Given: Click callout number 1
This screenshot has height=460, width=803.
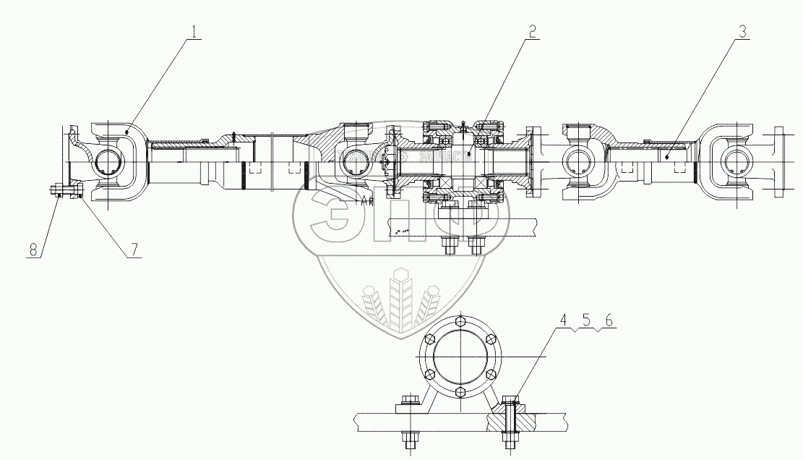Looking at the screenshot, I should pos(193,32).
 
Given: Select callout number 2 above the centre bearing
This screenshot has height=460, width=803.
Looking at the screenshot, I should pos(531,32).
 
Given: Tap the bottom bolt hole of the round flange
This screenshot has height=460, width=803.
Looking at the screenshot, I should pos(460,392).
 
